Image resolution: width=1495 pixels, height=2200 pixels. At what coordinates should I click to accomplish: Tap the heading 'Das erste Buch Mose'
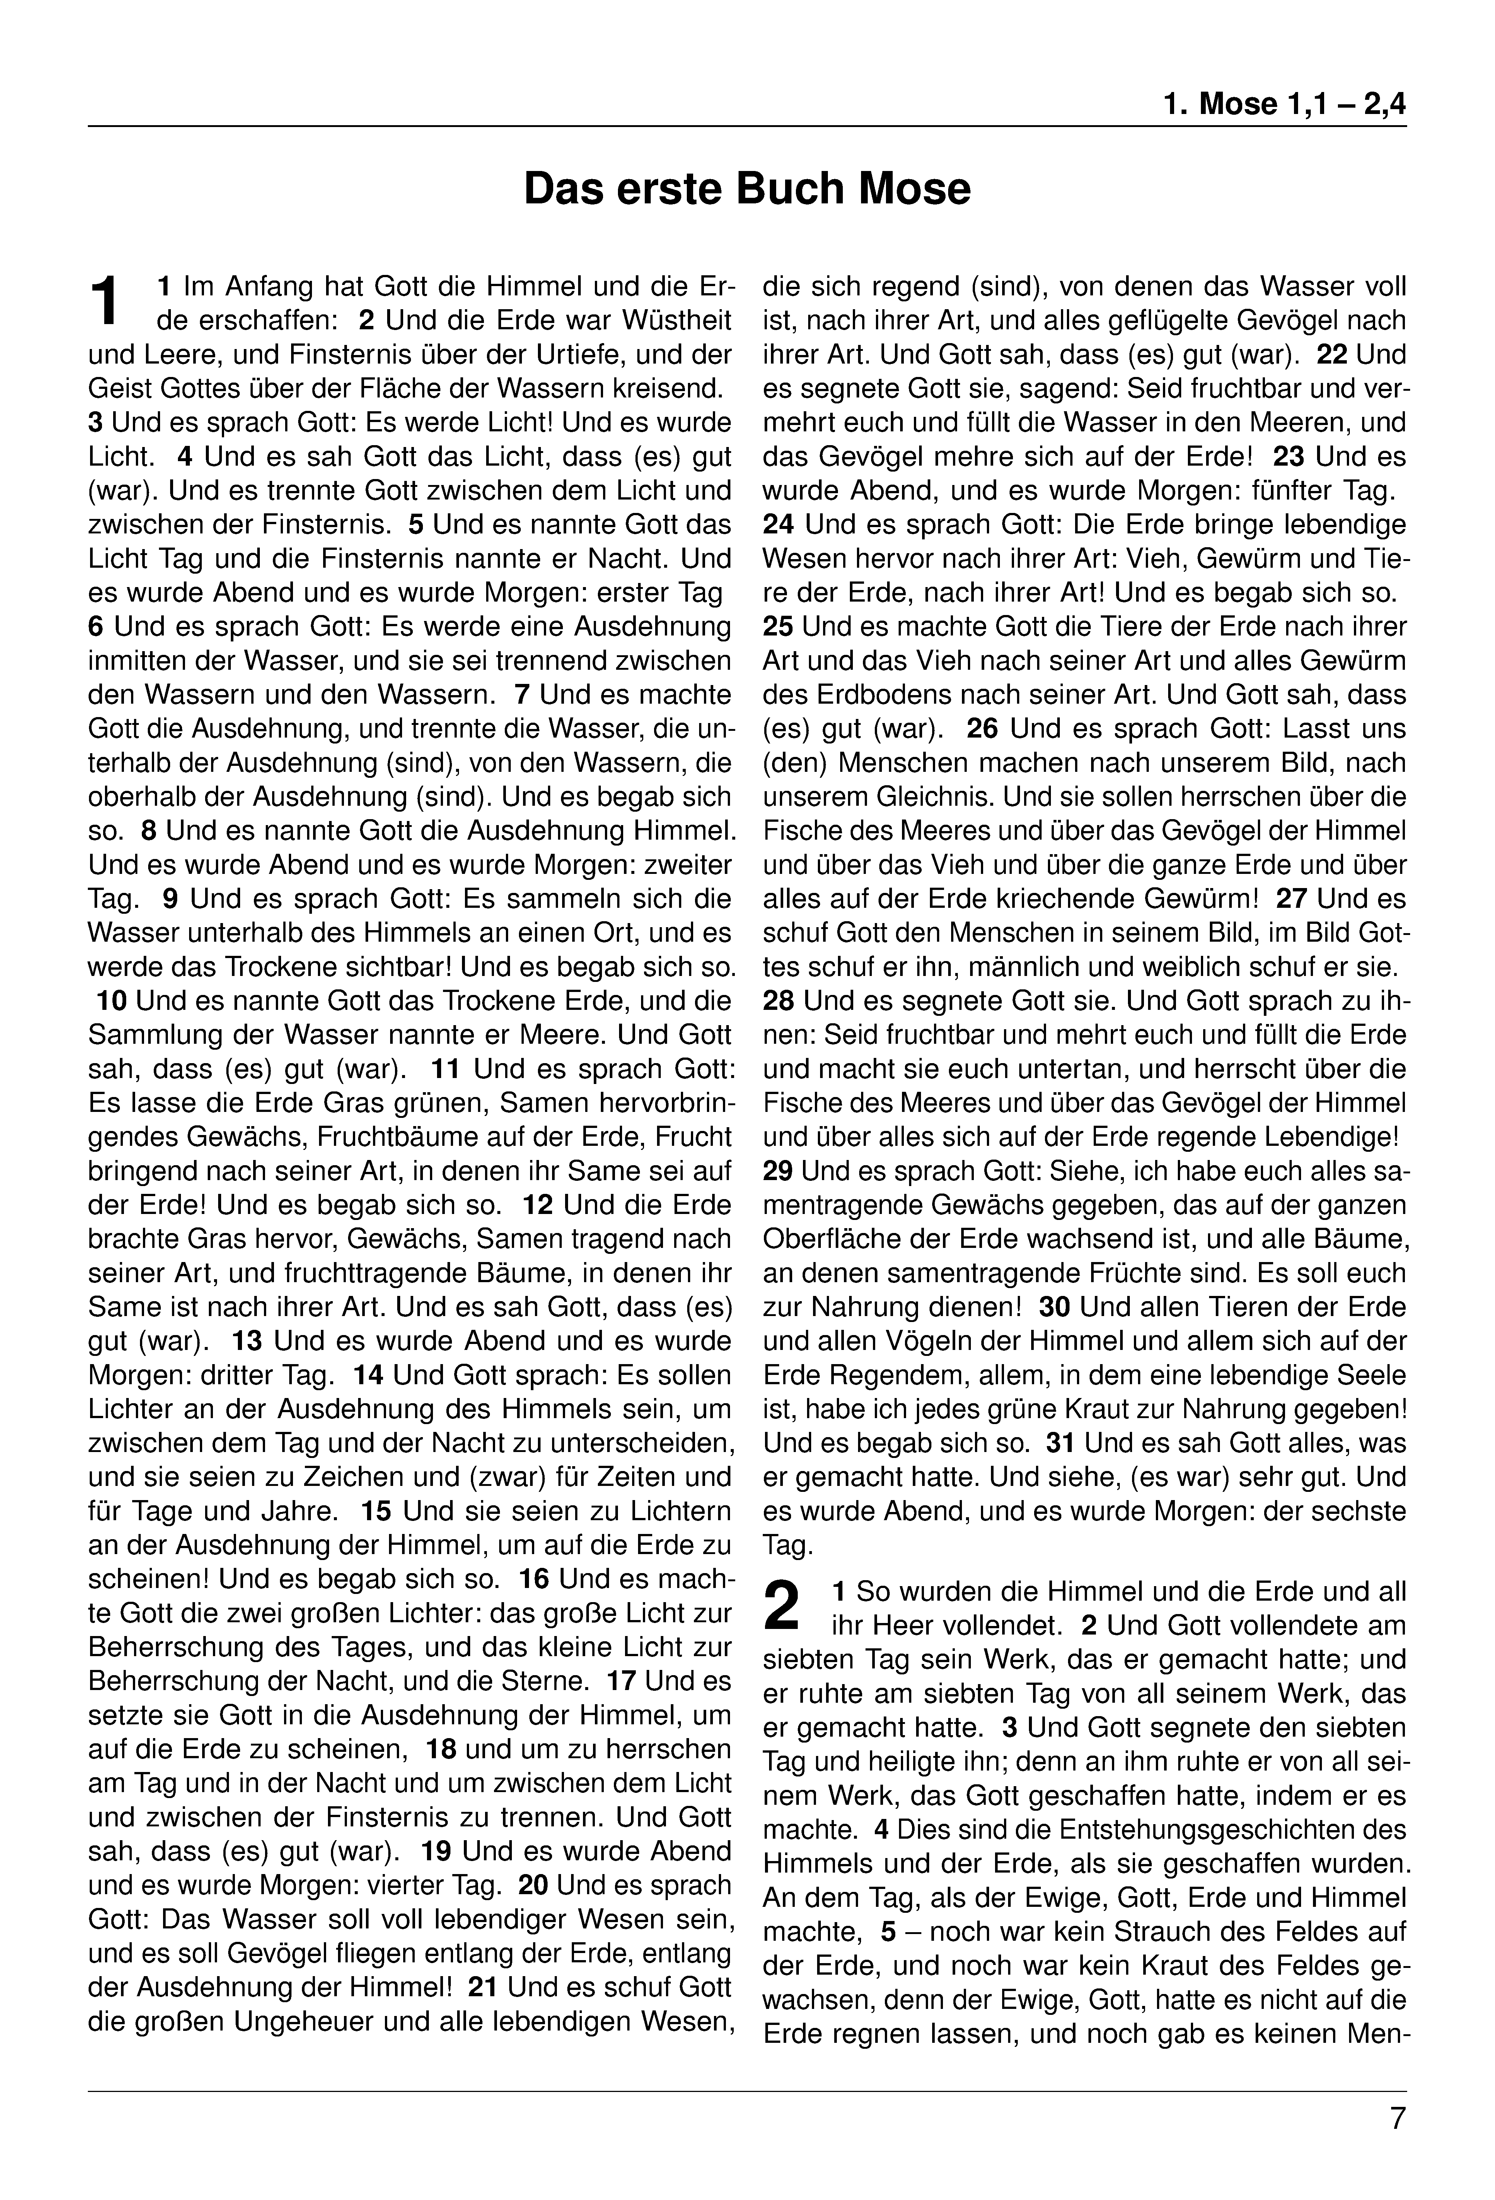pos(746,188)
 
